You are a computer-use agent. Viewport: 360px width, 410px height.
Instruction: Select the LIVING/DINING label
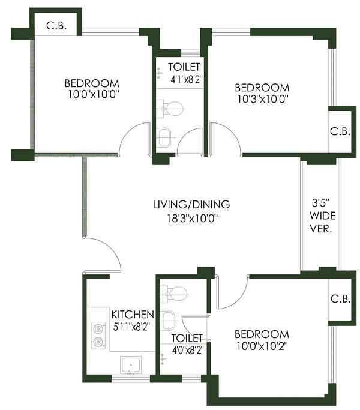[x=191, y=205]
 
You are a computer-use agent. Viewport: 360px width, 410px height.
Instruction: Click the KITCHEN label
[x=133, y=315]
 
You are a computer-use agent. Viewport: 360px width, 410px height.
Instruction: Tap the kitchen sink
[x=131, y=364]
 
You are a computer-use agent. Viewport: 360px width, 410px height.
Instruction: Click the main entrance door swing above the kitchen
[x=106, y=253]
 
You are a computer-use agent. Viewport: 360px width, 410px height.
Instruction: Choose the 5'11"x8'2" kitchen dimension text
[x=133, y=327]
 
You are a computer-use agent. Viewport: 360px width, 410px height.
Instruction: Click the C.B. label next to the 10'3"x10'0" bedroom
[x=337, y=130]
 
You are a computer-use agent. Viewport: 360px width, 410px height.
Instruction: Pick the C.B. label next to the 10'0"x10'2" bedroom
[x=337, y=298]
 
